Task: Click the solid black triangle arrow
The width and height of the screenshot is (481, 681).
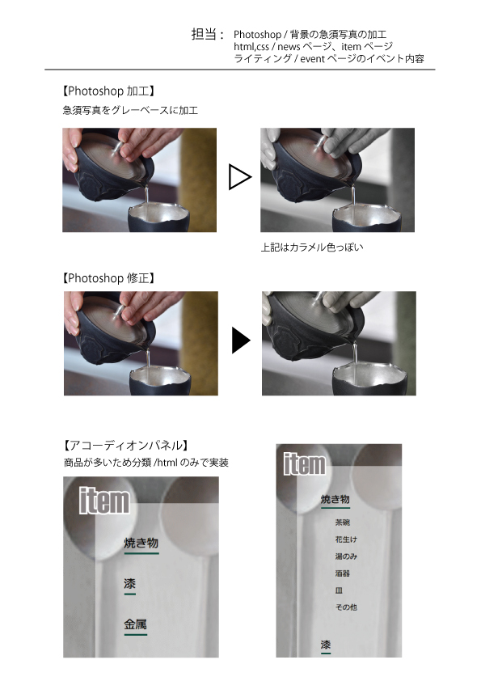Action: tap(241, 340)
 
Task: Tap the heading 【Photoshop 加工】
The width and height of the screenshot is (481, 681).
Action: tap(108, 91)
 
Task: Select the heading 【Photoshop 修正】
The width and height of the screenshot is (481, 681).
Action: tap(108, 278)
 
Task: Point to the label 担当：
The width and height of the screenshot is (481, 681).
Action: tap(208, 34)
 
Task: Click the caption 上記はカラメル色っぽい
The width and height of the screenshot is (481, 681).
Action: tap(312, 247)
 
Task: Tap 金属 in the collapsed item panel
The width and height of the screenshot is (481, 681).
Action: tap(136, 624)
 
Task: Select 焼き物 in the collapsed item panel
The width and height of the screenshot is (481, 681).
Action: tap(141, 543)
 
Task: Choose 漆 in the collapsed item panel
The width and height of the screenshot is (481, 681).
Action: tap(130, 584)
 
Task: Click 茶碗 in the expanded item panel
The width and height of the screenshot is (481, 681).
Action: tap(343, 522)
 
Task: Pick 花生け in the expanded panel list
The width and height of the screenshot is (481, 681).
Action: tap(346, 539)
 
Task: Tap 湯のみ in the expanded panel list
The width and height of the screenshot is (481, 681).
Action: tap(346, 556)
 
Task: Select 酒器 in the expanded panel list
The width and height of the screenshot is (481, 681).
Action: tap(343, 573)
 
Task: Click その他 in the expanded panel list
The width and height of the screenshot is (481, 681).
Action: tap(346, 607)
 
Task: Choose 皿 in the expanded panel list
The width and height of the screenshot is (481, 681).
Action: tap(339, 590)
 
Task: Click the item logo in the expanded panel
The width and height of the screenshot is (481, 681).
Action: tap(304, 464)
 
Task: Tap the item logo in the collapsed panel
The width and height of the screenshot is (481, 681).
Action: tap(104, 501)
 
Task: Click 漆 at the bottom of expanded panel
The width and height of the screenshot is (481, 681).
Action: tap(326, 645)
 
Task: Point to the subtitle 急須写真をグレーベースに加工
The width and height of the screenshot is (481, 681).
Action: tap(130, 110)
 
